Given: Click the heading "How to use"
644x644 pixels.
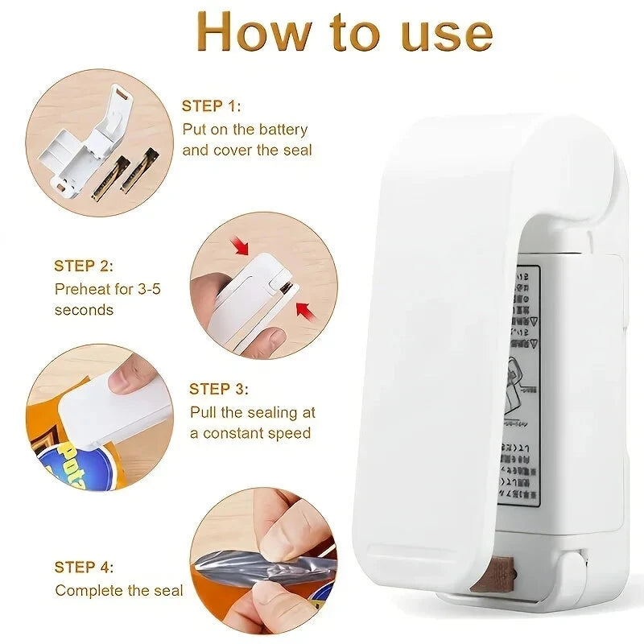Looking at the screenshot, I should [345, 33].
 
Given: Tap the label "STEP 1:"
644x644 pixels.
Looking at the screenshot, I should [211, 105].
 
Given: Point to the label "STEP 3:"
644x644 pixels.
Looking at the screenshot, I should [219, 389].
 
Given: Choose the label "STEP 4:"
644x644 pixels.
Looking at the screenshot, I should [84, 567].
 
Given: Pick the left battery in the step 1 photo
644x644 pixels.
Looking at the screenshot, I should [109, 179].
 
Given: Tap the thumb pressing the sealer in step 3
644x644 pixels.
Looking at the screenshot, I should [130, 376].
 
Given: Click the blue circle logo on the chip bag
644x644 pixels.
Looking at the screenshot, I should [80, 464].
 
